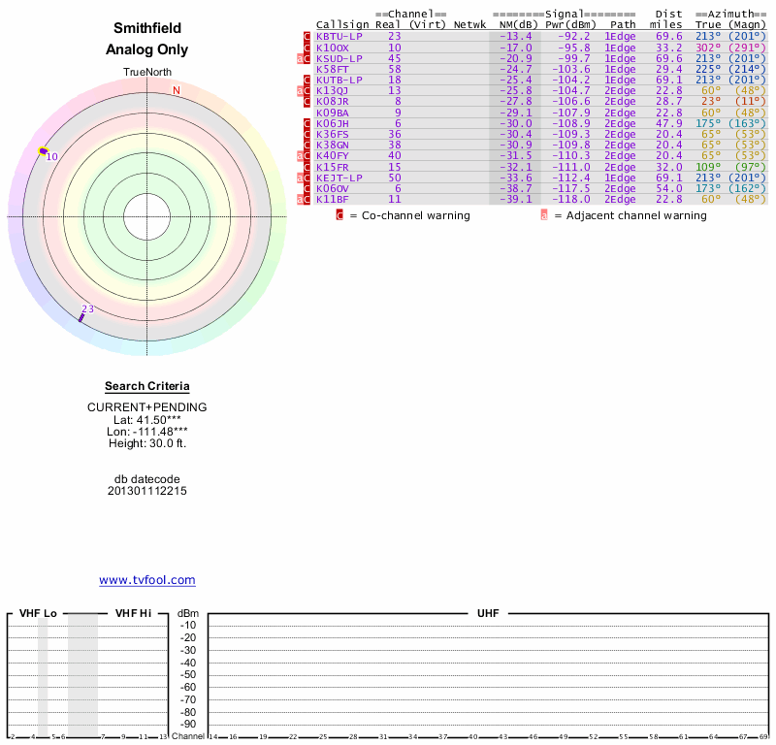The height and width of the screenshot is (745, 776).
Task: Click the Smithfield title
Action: (x=146, y=29)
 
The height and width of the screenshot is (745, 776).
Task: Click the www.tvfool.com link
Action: (x=146, y=580)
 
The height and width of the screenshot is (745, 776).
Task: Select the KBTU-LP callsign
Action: (x=339, y=36)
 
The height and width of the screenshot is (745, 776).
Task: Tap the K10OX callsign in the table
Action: (x=333, y=47)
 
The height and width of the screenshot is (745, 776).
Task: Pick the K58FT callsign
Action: (x=333, y=69)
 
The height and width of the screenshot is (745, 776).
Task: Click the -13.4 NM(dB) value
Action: (x=515, y=36)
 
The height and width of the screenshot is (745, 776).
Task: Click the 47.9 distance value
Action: (x=668, y=123)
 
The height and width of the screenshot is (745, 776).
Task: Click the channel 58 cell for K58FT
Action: (x=394, y=69)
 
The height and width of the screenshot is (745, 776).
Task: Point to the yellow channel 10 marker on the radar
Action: (x=43, y=151)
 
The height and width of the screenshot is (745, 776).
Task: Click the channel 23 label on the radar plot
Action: (x=87, y=309)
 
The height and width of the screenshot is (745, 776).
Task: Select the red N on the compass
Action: (x=177, y=91)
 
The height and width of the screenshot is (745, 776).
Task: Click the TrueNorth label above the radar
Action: (x=146, y=73)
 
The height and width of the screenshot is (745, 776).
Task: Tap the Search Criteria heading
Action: (x=146, y=386)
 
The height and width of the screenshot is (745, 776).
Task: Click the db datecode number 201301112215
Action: (x=146, y=491)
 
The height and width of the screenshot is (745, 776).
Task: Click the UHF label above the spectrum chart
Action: (x=487, y=614)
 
